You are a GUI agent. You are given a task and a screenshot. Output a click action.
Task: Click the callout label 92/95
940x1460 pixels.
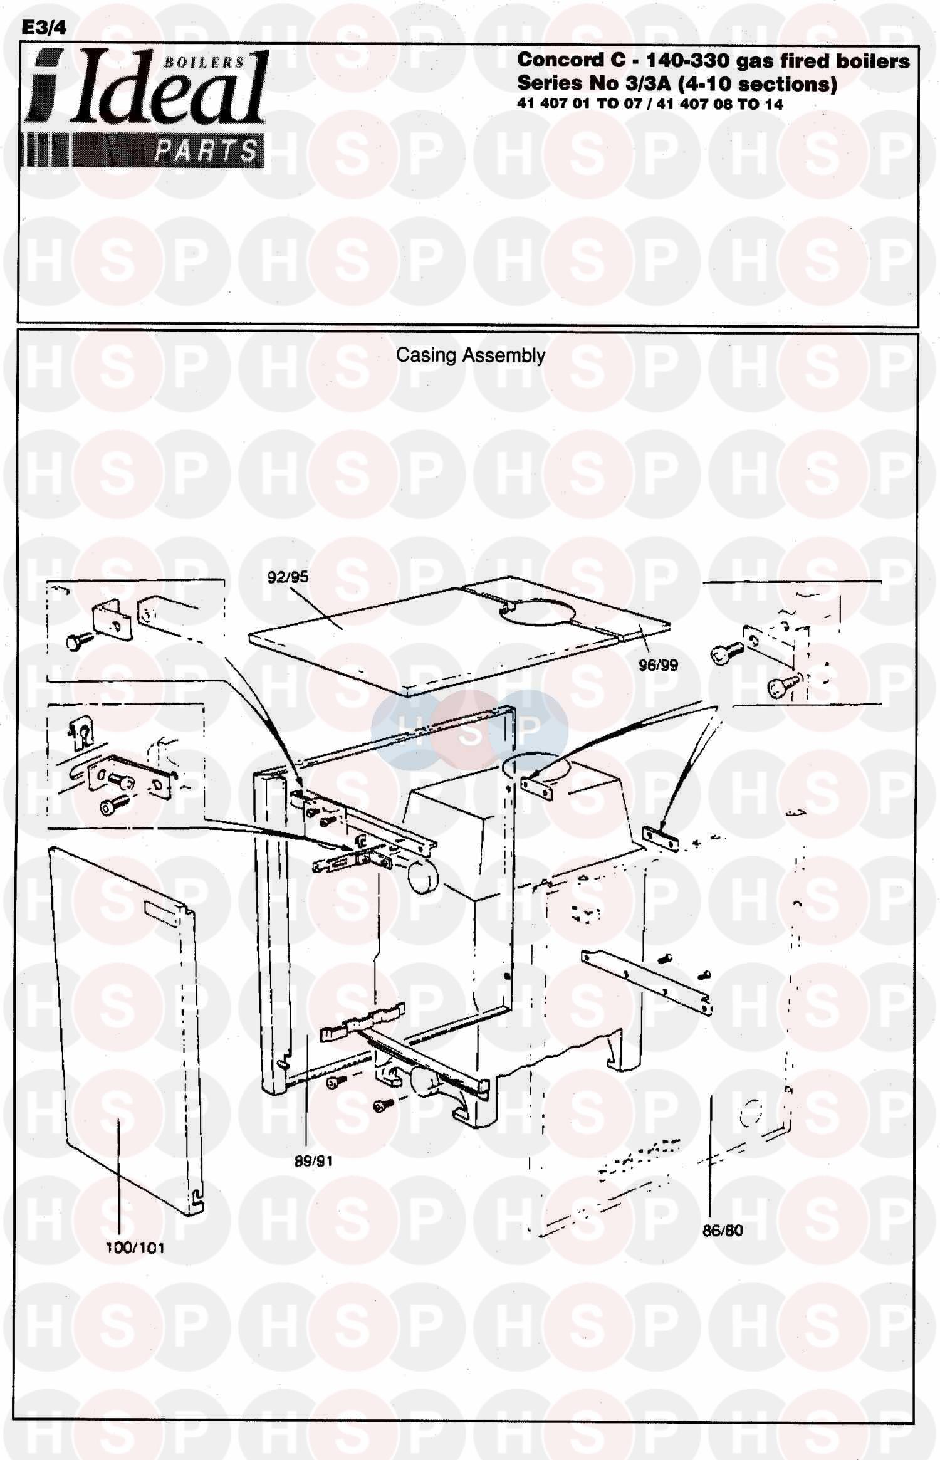288,577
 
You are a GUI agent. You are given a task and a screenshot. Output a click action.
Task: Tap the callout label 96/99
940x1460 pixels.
658,665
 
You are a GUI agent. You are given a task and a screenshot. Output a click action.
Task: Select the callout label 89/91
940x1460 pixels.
313,1162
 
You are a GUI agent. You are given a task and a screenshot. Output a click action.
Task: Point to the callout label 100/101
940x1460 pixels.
135,1247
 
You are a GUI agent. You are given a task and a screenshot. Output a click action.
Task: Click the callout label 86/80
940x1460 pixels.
722,1230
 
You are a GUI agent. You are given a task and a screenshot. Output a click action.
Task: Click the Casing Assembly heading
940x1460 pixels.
471,355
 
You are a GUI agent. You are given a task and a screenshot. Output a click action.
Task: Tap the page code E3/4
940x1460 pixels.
43,28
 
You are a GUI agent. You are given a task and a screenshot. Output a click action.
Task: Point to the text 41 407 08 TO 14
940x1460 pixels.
720,105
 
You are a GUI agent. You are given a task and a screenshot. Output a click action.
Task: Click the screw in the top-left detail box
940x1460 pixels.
79,640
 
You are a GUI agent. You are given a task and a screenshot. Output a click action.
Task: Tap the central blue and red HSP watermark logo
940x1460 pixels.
469,730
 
